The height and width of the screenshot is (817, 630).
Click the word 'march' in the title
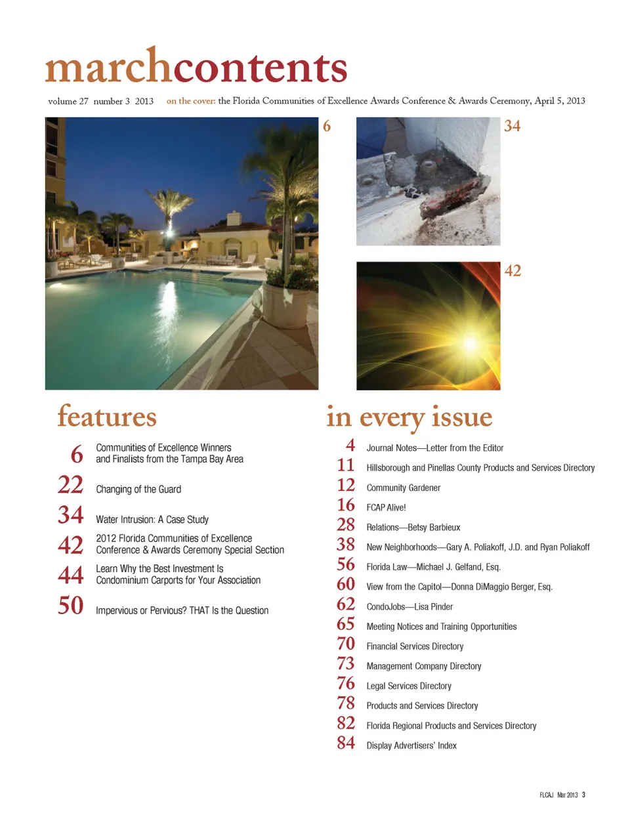tap(108, 67)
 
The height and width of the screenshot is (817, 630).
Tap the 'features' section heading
tap(107, 417)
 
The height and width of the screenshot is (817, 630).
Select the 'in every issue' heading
tap(409, 417)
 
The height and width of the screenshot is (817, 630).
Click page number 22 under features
tap(71, 485)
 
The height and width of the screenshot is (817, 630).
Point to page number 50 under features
tap(71, 606)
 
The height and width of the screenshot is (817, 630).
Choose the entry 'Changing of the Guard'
tap(138, 490)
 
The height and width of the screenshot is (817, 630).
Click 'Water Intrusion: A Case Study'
tap(152, 520)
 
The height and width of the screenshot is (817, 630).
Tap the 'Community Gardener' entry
tap(403, 488)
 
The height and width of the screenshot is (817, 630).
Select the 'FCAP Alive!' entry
tap(386, 508)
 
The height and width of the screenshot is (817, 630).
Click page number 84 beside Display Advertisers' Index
tap(346, 743)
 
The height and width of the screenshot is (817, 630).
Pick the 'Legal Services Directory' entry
tap(409, 686)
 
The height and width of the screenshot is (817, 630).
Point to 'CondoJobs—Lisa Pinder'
tap(409, 607)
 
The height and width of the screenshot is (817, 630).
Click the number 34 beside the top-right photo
tap(512, 126)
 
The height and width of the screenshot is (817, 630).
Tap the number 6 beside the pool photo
tap(327, 126)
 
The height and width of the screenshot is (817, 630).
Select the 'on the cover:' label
tap(191, 101)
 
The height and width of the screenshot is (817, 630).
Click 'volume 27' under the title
tap(68, 102)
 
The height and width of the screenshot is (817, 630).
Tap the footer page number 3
tap(583, 795)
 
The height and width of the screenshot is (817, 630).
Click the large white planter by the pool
tap(284, 305)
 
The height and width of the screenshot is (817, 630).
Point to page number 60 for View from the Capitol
tap(346, 585)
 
